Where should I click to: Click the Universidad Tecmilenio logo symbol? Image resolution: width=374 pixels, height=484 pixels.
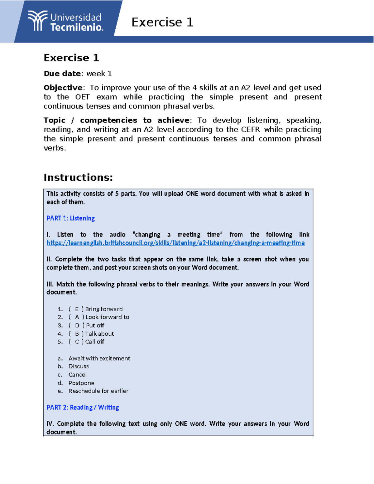38,21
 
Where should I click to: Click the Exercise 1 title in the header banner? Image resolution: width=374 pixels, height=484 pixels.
162,22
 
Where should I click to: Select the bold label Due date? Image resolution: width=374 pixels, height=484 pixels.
62,74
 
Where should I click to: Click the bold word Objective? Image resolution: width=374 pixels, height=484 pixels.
63,88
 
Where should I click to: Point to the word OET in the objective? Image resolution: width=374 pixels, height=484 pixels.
82,97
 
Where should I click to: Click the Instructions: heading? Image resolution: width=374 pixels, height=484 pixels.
78,177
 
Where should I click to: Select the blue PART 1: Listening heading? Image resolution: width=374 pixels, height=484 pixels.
70,218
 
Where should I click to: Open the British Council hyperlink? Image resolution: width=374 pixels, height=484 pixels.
175,243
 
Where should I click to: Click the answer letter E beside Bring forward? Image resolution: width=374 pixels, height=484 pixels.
77,309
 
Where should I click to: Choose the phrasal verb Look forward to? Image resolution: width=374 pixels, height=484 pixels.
107,317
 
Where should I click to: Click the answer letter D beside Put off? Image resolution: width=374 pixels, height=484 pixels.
77,325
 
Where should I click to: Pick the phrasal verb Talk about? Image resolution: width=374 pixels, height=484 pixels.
99,334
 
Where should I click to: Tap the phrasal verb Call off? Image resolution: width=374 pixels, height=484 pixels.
95,342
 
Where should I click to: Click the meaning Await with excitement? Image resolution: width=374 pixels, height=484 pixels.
99,358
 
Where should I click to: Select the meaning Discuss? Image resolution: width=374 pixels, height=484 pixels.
79,367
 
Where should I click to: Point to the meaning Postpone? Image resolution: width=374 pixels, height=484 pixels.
81,383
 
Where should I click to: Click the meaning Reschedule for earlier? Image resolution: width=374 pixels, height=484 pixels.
98,391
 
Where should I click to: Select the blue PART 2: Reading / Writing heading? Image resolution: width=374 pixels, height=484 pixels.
83,407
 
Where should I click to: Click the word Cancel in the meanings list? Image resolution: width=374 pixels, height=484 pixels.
78,375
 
